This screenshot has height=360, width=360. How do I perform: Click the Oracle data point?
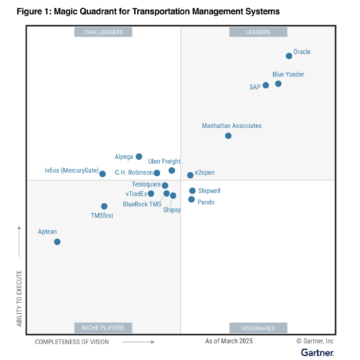289,56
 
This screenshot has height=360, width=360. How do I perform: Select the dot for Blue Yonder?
278,84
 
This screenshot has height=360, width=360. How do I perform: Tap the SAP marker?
266,85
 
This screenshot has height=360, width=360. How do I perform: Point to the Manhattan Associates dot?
228,136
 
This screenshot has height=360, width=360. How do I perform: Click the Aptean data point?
57,242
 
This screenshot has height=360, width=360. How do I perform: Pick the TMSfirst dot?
104,206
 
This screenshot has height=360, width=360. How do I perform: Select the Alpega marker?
139,157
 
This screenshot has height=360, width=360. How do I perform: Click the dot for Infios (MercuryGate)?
102,174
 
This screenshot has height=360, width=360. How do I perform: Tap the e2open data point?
190,175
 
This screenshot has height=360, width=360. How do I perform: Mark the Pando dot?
191,199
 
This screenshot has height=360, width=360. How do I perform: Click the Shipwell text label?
209,191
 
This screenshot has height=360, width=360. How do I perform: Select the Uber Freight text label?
164,161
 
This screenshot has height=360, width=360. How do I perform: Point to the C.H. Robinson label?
134,173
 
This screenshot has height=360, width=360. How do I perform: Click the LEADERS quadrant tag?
258,32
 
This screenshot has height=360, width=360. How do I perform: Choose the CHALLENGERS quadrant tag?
103,32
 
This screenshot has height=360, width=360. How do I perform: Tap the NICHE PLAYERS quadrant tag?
103,328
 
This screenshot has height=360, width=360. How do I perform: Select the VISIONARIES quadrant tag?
258,328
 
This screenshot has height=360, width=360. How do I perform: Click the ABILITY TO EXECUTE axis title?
19,298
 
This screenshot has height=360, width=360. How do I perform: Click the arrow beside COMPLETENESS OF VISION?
139,342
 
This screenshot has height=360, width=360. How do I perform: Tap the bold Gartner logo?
317,353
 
